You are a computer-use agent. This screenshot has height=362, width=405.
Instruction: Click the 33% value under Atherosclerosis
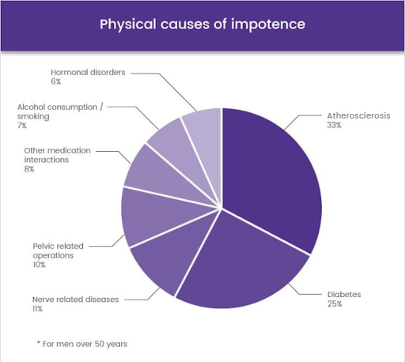click(334, 125)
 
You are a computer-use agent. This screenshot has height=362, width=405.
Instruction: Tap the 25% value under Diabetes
click(335, 304)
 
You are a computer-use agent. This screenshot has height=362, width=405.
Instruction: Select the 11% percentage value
click(37, 308)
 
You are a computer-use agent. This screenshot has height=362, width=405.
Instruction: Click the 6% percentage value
click(56, 81)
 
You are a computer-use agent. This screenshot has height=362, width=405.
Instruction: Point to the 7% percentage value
click(22, 126)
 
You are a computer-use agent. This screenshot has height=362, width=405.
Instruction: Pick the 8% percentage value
click(29, 169)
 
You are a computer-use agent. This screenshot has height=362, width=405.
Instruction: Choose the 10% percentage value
click(39, 265)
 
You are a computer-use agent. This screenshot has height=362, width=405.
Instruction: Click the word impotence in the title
click(268, 25)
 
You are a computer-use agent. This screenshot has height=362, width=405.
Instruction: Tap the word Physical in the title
click(128, 25)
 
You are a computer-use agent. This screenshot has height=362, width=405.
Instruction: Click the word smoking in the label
click(33, 116)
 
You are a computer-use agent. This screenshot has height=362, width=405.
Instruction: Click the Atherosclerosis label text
click(358, 115)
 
